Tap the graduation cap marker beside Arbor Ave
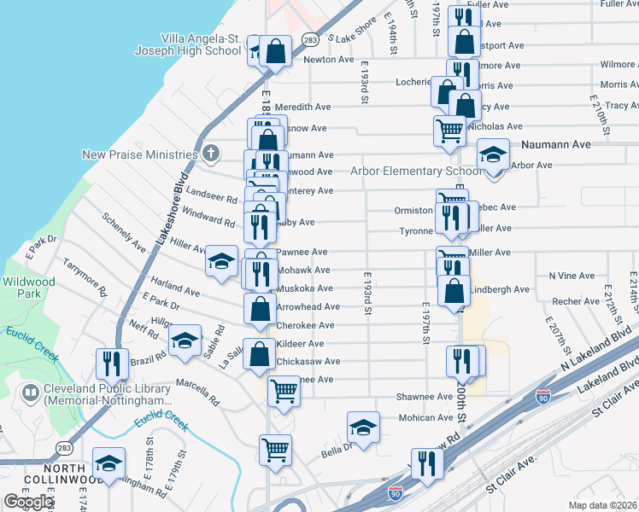pos(493,155)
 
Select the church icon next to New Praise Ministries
pos(211,154)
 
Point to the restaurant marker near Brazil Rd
pos(112,364)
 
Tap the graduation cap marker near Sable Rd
pos(185,341)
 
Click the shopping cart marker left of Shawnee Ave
pos(284,393)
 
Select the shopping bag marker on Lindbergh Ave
pos(454,291)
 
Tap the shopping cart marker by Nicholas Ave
pos(449,131)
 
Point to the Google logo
pos(27,502)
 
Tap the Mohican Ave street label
pos(428,418)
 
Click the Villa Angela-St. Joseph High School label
pos(188,44)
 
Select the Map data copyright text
pos(602,505)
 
